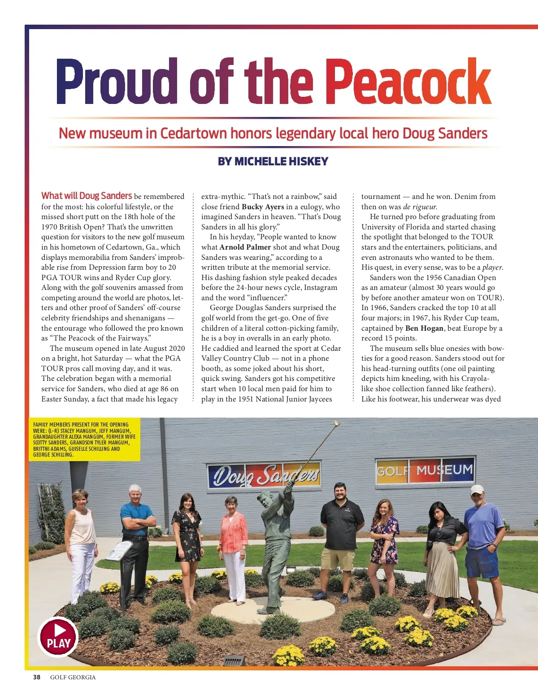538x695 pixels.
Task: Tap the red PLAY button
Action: pos(58,637)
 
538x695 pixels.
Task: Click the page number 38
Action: pos(37,677)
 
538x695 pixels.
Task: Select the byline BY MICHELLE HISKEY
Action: pos(273,161)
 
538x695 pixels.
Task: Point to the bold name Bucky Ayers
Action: pos(263,207)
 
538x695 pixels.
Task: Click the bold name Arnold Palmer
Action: pos(245,247)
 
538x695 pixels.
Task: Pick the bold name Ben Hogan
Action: pos(424,328)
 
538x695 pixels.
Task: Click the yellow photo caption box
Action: pos(84,439)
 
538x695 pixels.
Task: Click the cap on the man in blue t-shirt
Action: pos(477,489)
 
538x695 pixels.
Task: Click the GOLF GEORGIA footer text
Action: pos(73,677)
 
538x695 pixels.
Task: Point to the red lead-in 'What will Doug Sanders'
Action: pos(87,196)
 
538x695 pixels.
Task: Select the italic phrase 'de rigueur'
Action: pos(420,207)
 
